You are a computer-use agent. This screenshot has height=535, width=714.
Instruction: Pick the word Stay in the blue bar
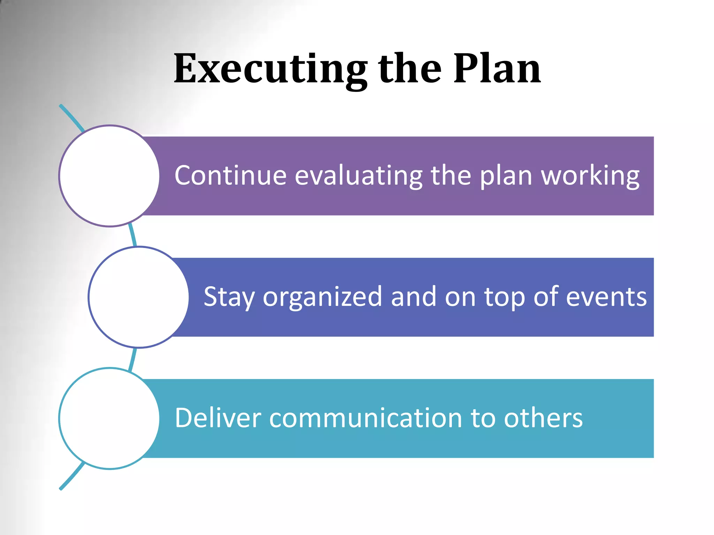[229, 297]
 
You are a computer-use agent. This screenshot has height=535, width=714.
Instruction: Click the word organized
[322, 297]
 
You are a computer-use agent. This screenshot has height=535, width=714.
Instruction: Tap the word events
[606, 297]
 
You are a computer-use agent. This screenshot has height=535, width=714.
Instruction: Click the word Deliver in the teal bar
[218, 418]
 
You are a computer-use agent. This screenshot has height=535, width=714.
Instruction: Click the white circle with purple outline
[109, 176]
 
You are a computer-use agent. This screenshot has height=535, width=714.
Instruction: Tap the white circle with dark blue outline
[139, 297]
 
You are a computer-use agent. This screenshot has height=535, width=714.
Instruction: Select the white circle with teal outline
[109, 418]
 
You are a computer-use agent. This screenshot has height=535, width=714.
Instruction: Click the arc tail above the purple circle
[71, 117]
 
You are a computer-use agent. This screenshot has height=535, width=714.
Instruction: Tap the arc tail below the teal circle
[71, 477]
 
